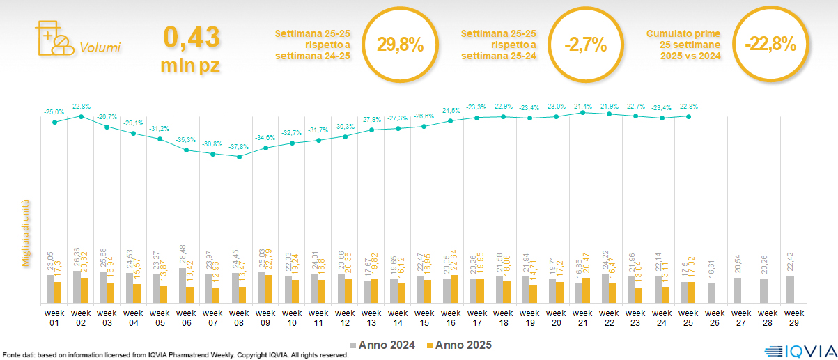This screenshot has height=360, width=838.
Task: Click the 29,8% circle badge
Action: point(401,45)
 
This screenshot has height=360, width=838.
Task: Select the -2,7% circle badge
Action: point(585,45)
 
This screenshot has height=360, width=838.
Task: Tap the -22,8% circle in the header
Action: point(770,45)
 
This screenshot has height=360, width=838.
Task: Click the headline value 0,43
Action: point(192,37)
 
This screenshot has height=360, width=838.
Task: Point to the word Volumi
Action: point(100,48)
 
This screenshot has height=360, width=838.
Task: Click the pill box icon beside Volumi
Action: point(54,36)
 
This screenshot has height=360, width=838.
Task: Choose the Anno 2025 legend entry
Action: point(460,345)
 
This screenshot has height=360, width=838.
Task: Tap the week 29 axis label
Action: point(793,317)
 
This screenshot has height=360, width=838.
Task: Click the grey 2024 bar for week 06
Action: point(183,285)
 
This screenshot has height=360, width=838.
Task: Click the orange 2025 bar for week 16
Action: point(454,289)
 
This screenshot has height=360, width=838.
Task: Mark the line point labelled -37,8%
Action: point(239,157)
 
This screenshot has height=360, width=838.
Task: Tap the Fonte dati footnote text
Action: point(174,355)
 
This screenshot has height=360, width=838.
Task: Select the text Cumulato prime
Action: point(683,33)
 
